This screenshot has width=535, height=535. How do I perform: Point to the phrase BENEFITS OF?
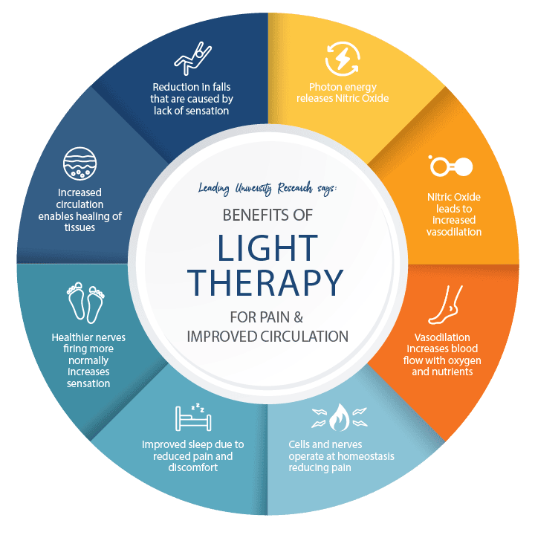pos(267,214)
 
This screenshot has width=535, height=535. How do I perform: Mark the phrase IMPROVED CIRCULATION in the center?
pos(267,336)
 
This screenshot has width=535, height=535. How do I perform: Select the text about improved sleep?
pos(192,455)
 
